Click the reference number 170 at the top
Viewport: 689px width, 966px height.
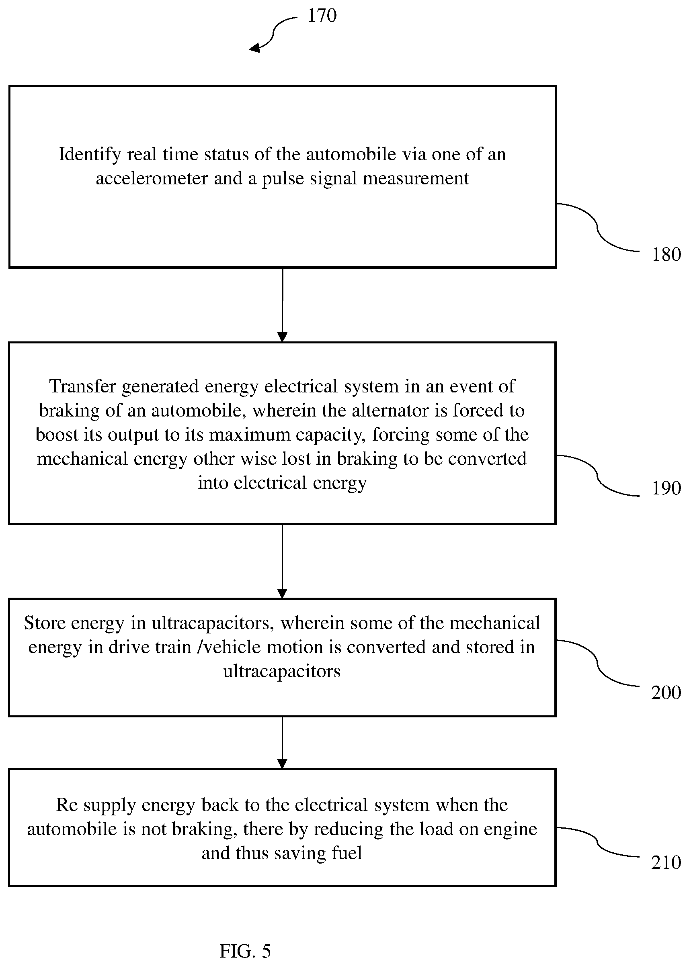(x=322, y=16)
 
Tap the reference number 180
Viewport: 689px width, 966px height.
(x=666, y=254)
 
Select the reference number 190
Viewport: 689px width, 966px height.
(x=666, y=488)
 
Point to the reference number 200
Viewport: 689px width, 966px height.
(x=666, y=692)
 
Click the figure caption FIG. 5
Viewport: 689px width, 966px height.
(x=245, y=939)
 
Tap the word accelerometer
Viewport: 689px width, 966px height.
(x=152, y=178)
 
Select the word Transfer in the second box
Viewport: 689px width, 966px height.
(x=83, y=386)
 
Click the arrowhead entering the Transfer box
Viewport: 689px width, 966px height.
(x=282, y=337)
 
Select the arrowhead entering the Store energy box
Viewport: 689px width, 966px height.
(x=282, y=593)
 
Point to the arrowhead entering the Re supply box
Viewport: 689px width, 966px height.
(x=282, y=764)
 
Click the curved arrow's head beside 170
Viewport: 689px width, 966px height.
(x=254, y=48)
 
